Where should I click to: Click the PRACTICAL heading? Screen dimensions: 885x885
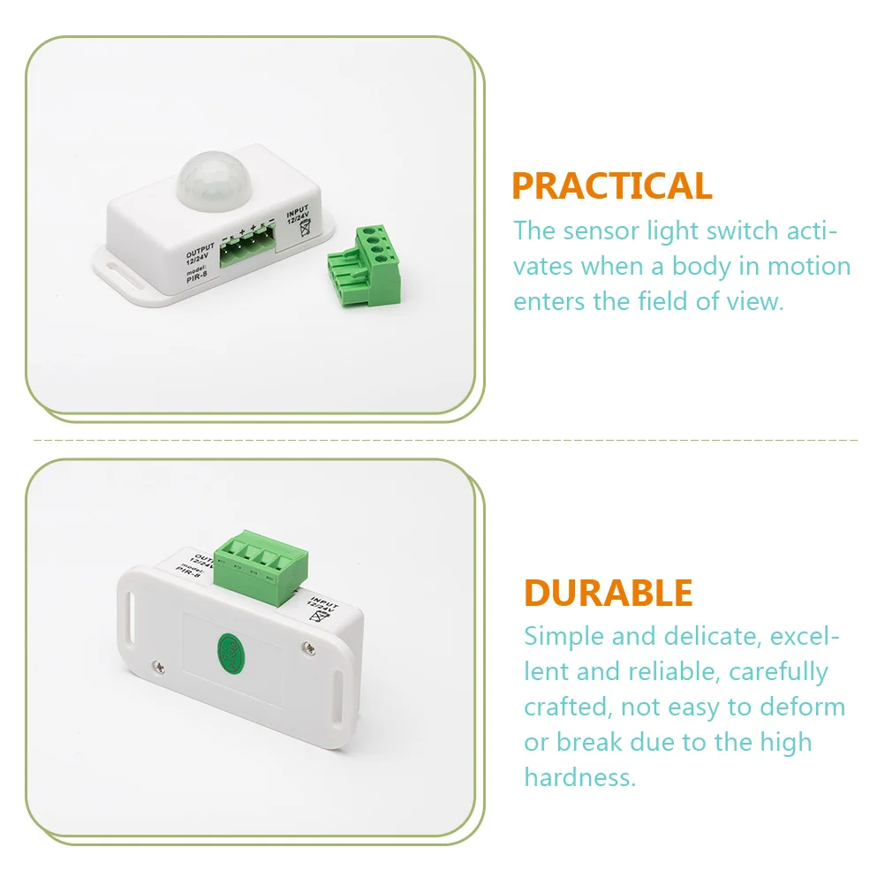coord(611,186)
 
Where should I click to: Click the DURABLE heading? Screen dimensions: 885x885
coord(609,593)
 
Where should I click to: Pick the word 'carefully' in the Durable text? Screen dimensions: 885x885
coord(778,670)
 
